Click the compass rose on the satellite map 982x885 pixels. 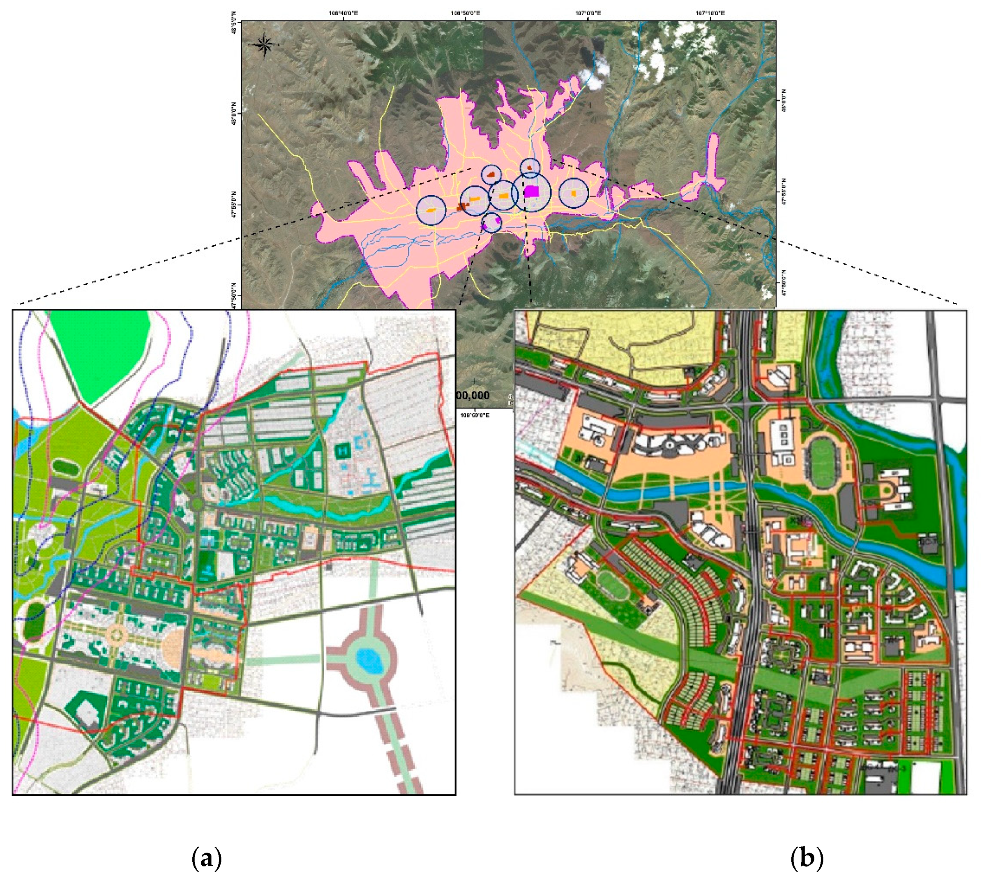(265, 45)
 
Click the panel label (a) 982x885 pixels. (207, 858)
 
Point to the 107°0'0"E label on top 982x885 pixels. (588, 13)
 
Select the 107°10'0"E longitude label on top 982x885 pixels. (710, 13)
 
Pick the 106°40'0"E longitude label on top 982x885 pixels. (344, 13)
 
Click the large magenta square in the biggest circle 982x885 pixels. (532, 191)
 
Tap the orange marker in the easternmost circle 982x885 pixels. (574, 193)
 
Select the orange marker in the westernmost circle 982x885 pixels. (431, 210)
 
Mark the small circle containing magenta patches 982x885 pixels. (492, 223)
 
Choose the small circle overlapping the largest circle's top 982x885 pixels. (530, 167)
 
